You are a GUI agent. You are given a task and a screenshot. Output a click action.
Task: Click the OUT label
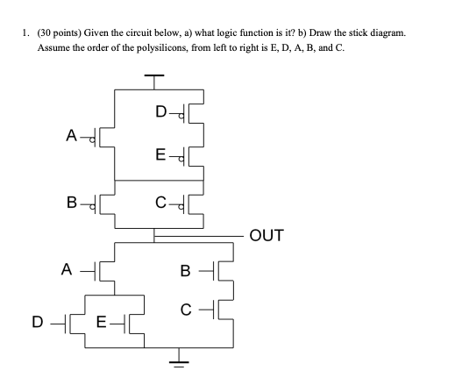pyautogui.click(x=267, y=235)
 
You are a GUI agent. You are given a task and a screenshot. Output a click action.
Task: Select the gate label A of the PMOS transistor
pyautogui.click(x=72, y=135)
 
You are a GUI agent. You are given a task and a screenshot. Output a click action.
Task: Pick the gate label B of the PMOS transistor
pyautogui.click(x=72, y=207)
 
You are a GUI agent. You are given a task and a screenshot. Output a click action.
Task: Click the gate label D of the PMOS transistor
pyautogui.click(x=159, y=113)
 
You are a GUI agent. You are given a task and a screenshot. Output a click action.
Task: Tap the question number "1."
pyautogui.click(x=26, y=32)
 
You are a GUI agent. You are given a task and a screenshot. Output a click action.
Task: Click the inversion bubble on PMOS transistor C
pyautogui.click(x=181, y=207)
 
